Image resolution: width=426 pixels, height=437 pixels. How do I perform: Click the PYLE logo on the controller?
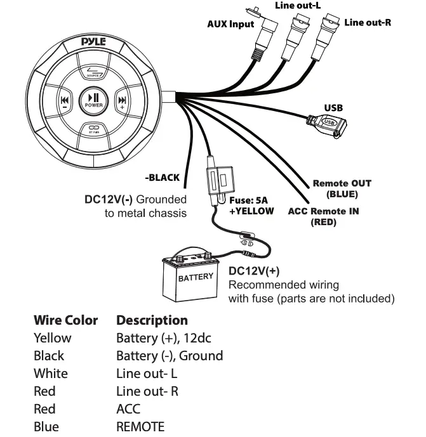[93, 42]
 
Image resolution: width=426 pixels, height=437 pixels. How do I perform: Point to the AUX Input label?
[231, 24]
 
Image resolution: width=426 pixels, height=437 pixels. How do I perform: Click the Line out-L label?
[297, 5]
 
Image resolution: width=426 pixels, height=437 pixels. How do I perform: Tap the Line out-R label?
[368, 23]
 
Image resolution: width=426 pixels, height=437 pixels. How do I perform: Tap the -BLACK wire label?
[163, 178]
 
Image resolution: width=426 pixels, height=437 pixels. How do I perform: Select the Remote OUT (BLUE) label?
[342, 188]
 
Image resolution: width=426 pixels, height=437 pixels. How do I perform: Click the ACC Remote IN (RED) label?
[323, 216]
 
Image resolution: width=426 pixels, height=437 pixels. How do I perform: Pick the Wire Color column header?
[65, 320]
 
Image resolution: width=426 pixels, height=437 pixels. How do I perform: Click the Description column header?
[152, 320]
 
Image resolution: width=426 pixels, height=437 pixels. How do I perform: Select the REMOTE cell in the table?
[140, 426]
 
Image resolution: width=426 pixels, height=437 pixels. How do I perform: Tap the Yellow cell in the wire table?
[52, 338]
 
